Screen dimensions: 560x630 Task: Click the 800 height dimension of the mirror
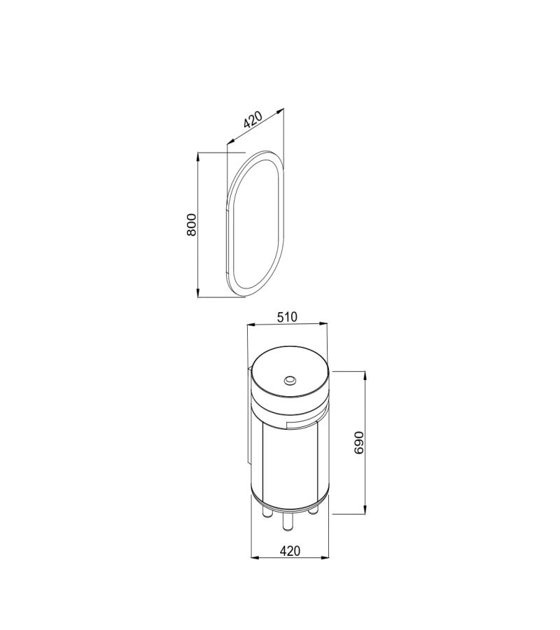(x=192, y=225)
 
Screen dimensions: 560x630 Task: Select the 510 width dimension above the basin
(x=288, y=317)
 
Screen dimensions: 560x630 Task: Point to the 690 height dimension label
(x=359, y=443)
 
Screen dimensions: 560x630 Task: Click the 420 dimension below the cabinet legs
(x=290, y=551)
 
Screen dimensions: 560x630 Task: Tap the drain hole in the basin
(x=290, y=379)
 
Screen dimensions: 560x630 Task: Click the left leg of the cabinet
(x=267, y=512)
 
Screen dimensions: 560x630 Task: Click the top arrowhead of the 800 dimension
(x=198, y=157)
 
